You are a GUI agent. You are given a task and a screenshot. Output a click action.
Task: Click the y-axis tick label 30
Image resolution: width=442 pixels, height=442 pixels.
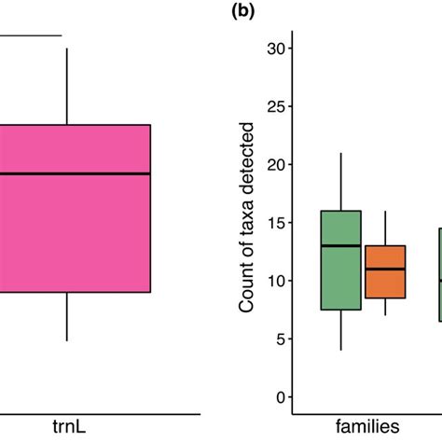275,48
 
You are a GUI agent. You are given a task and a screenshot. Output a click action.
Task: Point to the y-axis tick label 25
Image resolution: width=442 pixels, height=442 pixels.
275,106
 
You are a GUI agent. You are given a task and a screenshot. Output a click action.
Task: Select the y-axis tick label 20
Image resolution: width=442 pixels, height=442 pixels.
275,165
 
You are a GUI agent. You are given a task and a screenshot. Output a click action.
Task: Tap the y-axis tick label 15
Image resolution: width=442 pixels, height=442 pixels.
275,223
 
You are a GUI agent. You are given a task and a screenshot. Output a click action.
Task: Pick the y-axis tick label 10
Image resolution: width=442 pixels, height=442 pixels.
275,281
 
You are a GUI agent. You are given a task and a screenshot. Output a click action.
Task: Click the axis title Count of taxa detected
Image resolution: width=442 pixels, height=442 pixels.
248,223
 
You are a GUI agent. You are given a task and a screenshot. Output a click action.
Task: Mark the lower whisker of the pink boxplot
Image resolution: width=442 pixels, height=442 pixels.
67,316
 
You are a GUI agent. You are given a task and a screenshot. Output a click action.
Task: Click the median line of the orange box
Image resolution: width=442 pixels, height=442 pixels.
385,269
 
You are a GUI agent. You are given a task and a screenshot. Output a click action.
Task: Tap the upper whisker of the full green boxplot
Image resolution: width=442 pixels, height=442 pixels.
340,182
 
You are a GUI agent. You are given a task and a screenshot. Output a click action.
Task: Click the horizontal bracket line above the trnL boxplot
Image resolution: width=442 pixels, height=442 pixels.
28,36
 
